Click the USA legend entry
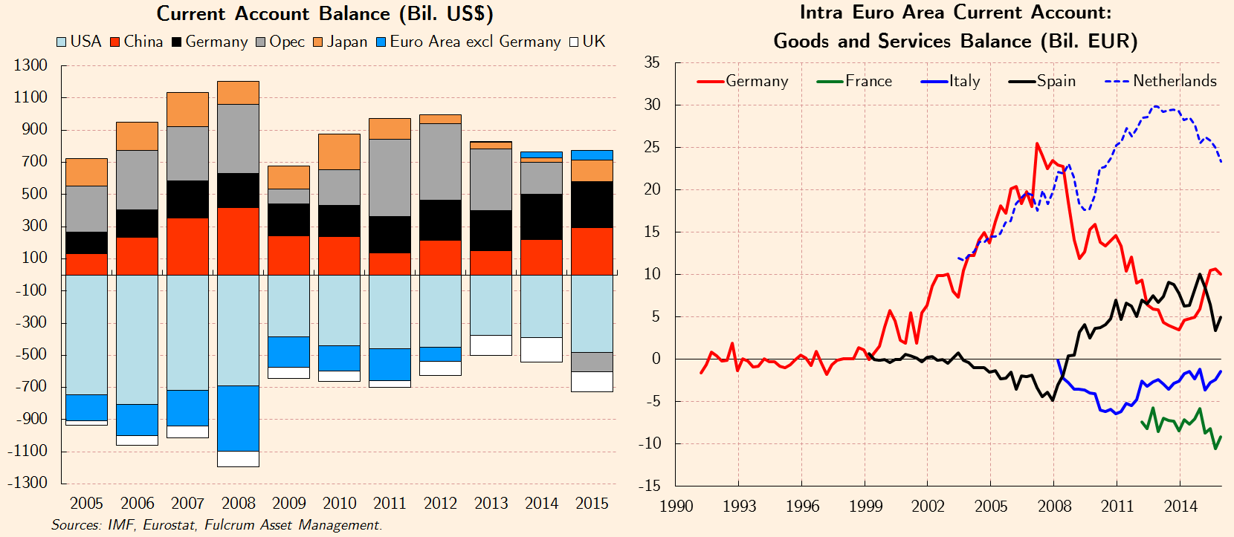click(79, 42)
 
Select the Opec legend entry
click(280, 42)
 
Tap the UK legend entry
click(587, 42)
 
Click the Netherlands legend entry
click(1161, 81)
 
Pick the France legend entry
click(854, 81)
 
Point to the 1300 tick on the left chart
click(30, 65)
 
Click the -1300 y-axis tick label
click(28, 483)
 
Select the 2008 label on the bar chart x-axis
click(239, 504)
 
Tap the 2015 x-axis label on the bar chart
click(592, 504)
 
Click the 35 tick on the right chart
click(652, 62)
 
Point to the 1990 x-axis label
click(676, 507)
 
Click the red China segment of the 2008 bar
click(239, 241)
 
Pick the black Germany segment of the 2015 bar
click(592, 204)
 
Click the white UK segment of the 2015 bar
click(592, 382)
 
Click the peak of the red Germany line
click(1037, 144)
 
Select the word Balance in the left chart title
click(354, 14)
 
